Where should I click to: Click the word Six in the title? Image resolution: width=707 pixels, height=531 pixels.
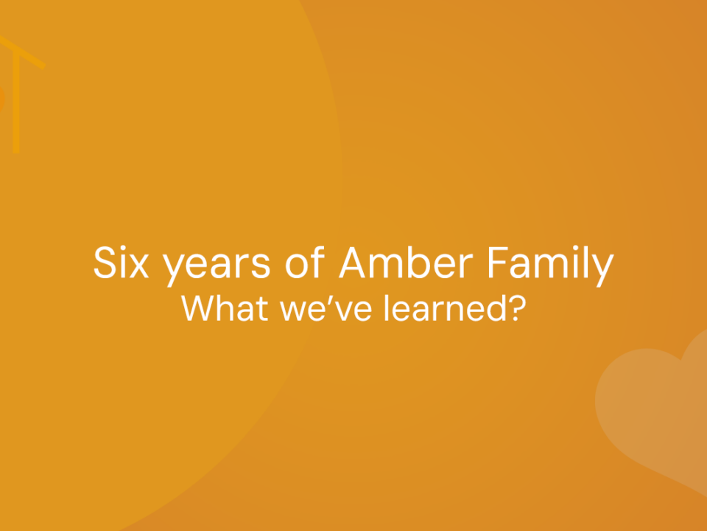click(x=121, y=263)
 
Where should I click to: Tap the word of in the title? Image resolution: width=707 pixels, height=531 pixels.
click(x=305, y=262)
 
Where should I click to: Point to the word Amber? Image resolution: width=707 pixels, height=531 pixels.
click(x=406, y=263)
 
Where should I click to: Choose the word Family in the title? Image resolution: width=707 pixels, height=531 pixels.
click(x=551, y=266)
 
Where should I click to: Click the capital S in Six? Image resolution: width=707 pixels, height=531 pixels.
click(x=105, y=263)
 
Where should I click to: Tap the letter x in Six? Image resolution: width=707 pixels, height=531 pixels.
click(x=139, y=267)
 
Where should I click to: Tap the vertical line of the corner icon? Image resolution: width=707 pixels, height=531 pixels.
click(x=16, y=102)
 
